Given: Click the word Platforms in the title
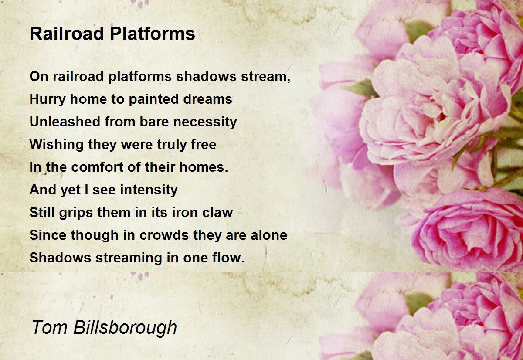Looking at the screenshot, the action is point(153,34).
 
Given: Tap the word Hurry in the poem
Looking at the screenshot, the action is point(48,100).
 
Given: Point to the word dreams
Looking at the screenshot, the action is point(207,99).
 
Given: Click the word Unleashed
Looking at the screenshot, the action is point(65,122).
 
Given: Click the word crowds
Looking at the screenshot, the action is point(164,235).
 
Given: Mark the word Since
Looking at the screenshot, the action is point(48,235).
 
